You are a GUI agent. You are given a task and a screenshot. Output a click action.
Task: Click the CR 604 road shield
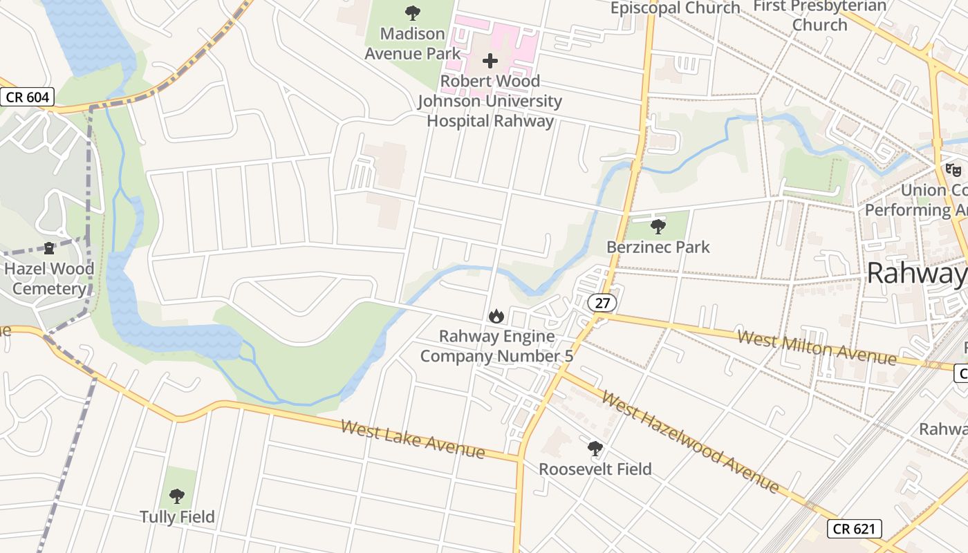pyautogui.click(x=28, y=97)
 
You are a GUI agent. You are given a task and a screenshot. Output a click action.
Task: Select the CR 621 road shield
pyautogui.click(x=855, y=529)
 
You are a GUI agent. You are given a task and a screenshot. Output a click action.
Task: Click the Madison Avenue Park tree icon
pyautogui.click(x=413, y=12)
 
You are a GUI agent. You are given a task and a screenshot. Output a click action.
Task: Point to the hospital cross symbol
pyautogui.click(x=490, y=61)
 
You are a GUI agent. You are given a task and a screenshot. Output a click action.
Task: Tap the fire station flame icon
pyautogui.click(x=496, y=317)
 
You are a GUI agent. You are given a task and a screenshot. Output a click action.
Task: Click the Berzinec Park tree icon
pyautogui.click(x=658, y=226)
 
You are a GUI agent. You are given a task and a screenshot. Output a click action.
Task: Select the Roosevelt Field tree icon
pyautogui.click(x=595, y=449)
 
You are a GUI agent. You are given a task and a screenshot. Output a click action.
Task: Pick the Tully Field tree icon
pyautogui.click(x=177, y=496)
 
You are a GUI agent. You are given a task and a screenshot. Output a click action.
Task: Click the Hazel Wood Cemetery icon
pyautogui.click(x=49, y=247)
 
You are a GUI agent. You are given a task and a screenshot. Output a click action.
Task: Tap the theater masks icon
pyautogui.click(x=953, y=169)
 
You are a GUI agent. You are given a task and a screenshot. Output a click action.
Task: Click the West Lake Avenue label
pyautogui.click(x=413, y=438)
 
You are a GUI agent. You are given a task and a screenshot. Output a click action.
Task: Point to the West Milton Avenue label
pyautogui.click(x=817, y=348)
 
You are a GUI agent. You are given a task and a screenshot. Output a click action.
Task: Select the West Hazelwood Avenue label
pyautogui.click(x=689, y=441)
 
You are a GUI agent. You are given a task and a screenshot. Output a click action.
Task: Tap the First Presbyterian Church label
pyautogui.click(x=819, y=15)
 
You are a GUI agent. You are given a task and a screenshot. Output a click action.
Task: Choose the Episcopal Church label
pyautogui.click(x=675, y=8)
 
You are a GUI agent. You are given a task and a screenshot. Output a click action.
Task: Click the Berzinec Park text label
pyautogui.click(x=658, y=247)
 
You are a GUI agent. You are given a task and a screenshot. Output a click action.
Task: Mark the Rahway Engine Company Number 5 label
pyautogui.click(x=496, y=346)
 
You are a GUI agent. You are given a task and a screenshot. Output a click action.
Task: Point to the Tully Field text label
pyautogui.click(x=177, y=517)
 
